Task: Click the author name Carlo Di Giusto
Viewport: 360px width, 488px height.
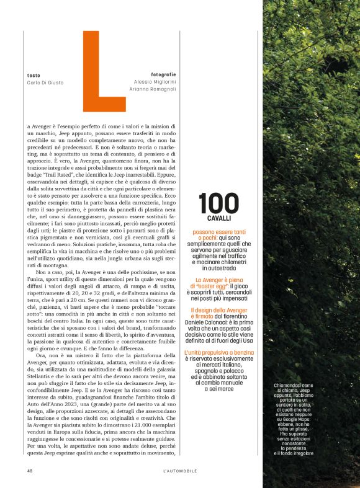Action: [45, 82]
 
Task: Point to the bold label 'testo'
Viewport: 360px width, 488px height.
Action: [34, 75]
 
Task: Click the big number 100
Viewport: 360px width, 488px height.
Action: [219, 203]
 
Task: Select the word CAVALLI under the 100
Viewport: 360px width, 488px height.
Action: [219, 219]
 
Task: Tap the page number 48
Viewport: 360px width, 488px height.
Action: [30, 471]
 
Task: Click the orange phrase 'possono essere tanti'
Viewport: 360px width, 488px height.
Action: [220, 232]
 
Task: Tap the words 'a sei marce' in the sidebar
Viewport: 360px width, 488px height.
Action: [219, 388]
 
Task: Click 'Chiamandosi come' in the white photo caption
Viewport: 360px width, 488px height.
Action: [294, 385]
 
